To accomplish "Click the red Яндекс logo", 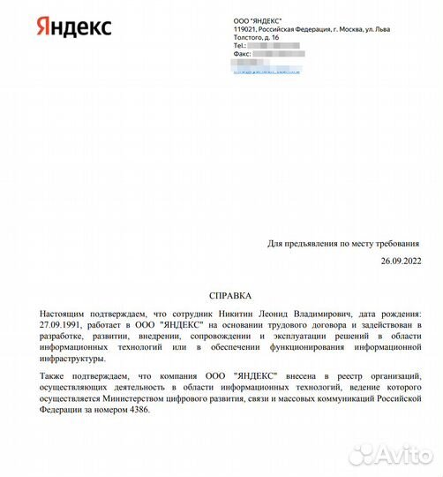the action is click(x=74, y=26).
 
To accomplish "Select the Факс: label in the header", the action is click(x=243, y=54).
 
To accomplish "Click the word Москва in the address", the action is click(x=353, y=29).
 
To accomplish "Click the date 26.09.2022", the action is click(x=402, y=262).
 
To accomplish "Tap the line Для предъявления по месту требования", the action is click(x=345, y=244).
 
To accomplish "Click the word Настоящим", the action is click(x=65, y=314).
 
